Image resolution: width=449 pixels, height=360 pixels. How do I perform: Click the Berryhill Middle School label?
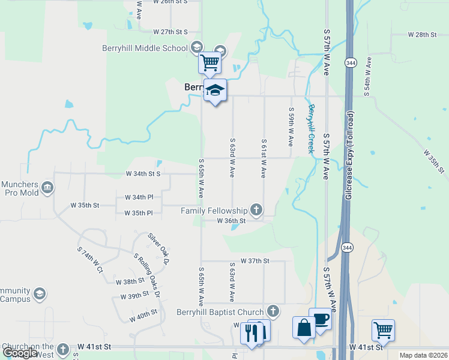(x=152, y=49)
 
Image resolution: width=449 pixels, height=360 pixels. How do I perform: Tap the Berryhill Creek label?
(x=311, y=128)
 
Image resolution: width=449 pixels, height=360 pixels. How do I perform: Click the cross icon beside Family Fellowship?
(x=256, y=210)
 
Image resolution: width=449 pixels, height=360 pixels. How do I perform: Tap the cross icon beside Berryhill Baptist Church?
(x=273, y=311)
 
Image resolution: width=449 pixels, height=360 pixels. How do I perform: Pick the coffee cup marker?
(x=320, y=319)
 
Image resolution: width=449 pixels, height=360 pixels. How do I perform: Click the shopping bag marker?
(x=304, y=328)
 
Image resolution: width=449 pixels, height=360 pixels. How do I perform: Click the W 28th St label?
(x=422, y=35)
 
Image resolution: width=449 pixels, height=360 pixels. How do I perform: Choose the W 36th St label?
(x=232, y=221)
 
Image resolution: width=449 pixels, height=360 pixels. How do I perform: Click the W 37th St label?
(x=255, y=261)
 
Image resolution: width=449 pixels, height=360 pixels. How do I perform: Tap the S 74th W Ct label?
(x=91, y=259)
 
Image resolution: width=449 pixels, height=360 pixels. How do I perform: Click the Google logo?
(x=20, y=353)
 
